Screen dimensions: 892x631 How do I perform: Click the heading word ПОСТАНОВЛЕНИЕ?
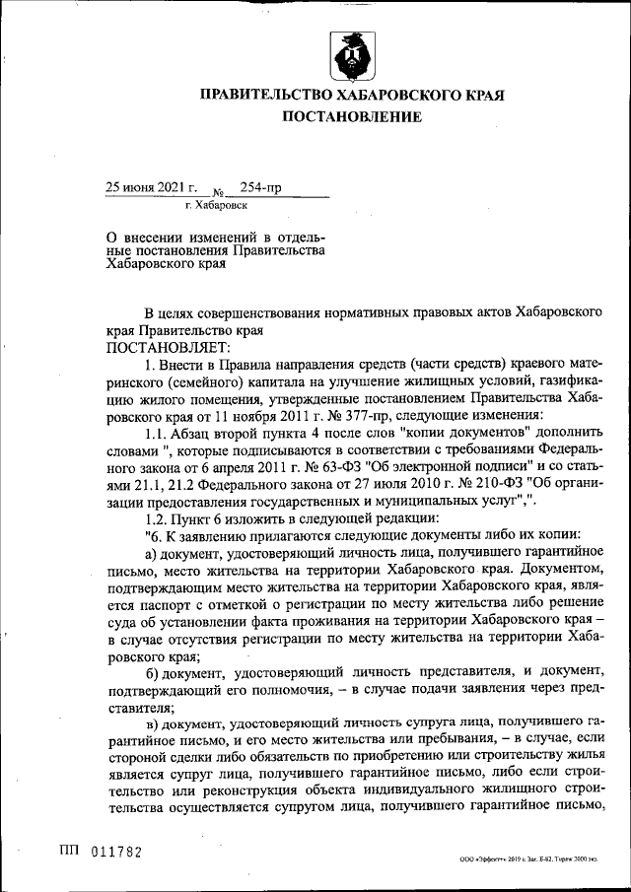(x=352, y=117)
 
